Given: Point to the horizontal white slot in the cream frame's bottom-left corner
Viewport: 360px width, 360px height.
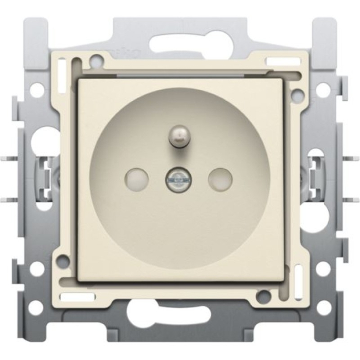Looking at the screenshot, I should tap(77, 297).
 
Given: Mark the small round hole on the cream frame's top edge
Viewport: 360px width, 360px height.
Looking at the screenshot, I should tap(96, 61).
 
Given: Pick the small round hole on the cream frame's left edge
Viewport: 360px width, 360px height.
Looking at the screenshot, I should tap(63, 261).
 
